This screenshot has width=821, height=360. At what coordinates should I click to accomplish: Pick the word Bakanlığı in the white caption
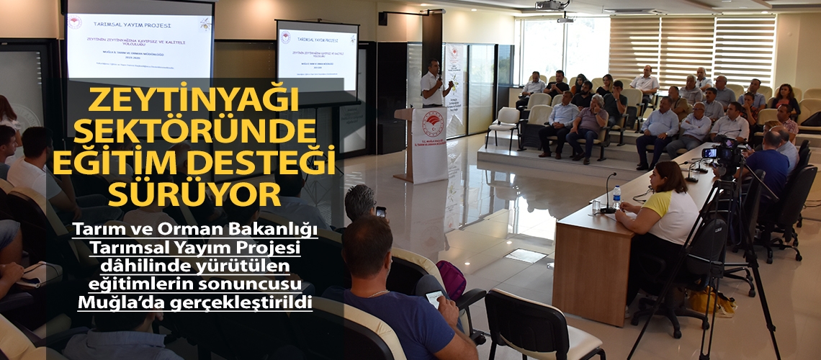(x=269, y=230)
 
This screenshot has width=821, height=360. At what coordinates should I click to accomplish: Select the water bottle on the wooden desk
(x=616, y=197)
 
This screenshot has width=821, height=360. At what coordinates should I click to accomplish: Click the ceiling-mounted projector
(x=552, y=6)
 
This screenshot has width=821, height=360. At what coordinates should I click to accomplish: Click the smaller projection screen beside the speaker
(x=317, y=58)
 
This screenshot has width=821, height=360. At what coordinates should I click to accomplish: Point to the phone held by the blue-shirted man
(x=434, y=297)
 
